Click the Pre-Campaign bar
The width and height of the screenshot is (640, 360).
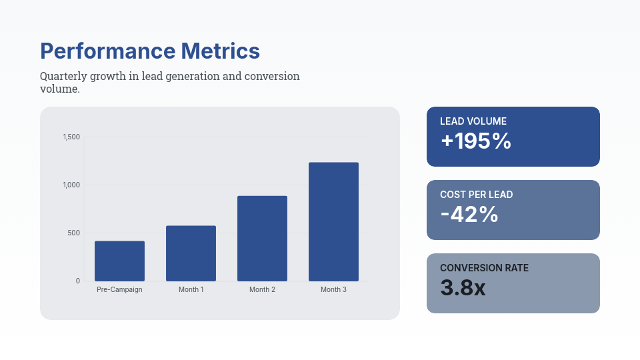tap(119, 261)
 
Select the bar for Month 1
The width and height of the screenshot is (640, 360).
tap(191, 253)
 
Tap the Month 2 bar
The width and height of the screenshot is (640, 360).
tap(262, 238)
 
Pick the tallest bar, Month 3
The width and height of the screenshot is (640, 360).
tap(333, 221)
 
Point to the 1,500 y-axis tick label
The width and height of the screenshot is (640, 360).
tap(71, 137)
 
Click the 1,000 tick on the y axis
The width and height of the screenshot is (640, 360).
tap(71, 185)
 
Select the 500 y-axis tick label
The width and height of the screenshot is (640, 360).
tap(74, 233)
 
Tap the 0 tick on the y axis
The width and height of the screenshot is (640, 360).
tap(77, 281)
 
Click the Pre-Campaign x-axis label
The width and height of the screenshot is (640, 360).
tap(119, 290)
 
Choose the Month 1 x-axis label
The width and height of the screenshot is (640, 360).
tap(191, 290)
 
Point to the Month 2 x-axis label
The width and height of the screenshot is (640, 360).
tap(262, 290)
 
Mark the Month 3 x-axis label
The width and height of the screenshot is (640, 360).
tap(333, 290)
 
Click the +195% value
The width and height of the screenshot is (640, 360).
tap(476, 141)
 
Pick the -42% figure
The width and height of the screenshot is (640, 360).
tap(469, 215)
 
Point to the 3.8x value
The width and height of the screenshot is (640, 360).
tap(463, 288)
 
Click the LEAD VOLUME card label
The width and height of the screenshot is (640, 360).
tap(473, 121)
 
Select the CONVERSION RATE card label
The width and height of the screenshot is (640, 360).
tap(484, 268)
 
